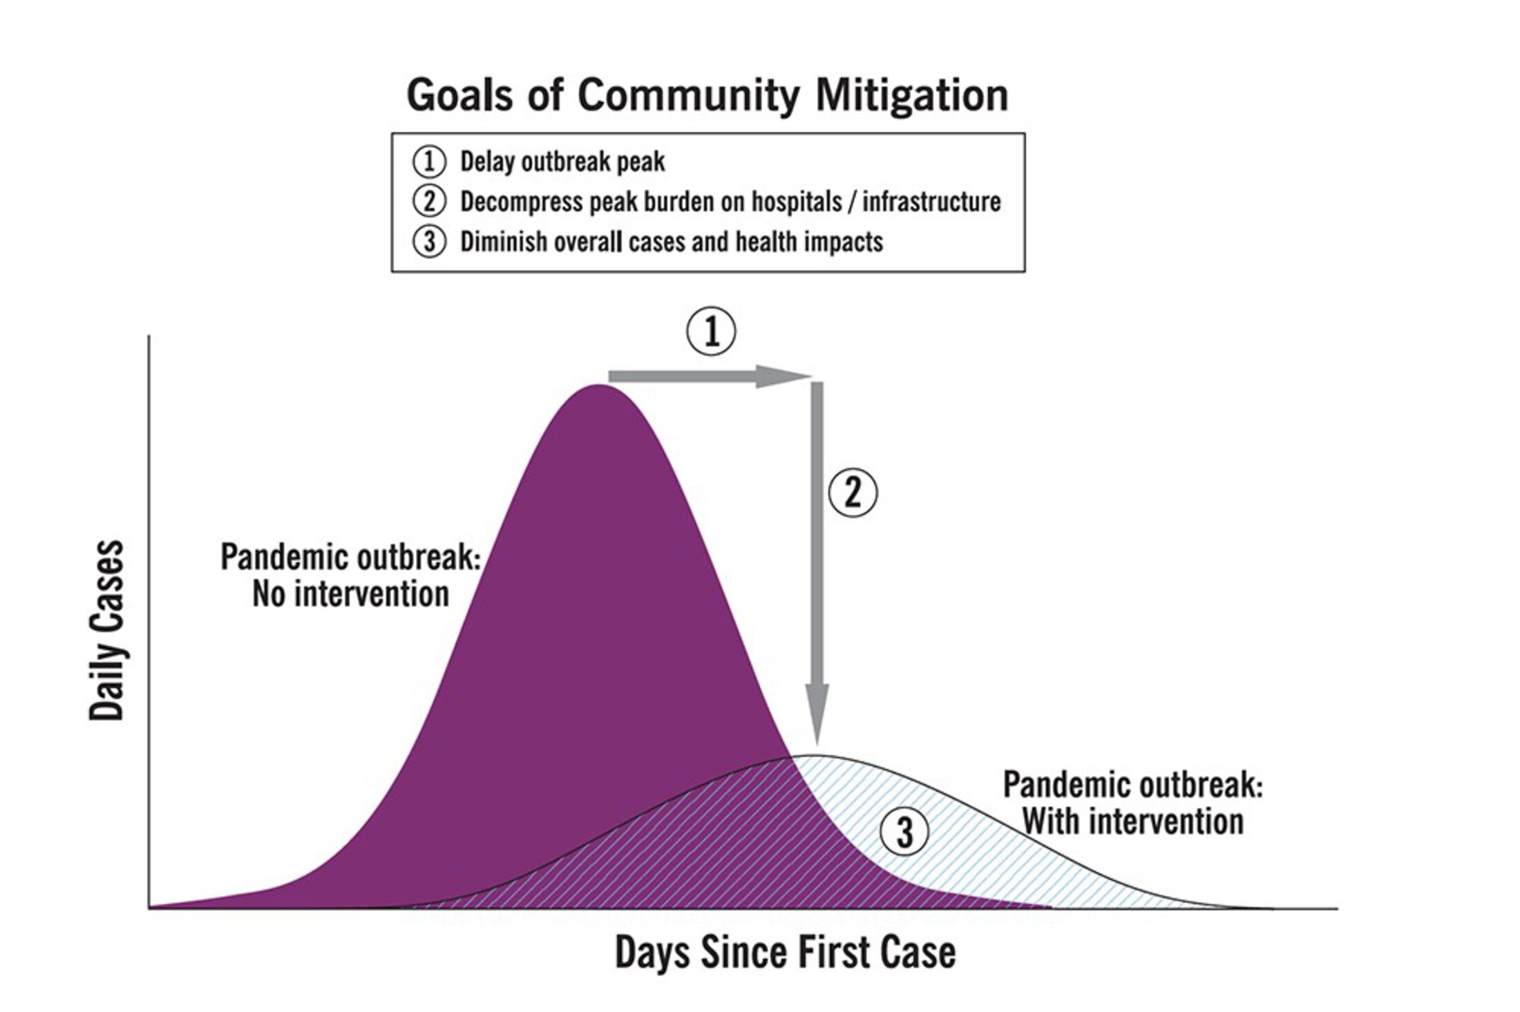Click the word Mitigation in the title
click(911, 95)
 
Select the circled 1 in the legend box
click(429, 162)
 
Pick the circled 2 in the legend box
click(429, 202)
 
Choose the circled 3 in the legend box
click(429, 242)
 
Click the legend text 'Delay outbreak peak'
click(562, 162)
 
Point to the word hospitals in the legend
click(797, 202)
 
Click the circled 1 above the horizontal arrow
click(711, 332)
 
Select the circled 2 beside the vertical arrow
click(853, 493)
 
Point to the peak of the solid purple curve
click(598, 385)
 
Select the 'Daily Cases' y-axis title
click(107, 630)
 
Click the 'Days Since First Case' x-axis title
click(786, 953)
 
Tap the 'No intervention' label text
click(351, 594)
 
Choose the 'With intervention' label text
click(1133, 822)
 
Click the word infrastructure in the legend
click(931, 202)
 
